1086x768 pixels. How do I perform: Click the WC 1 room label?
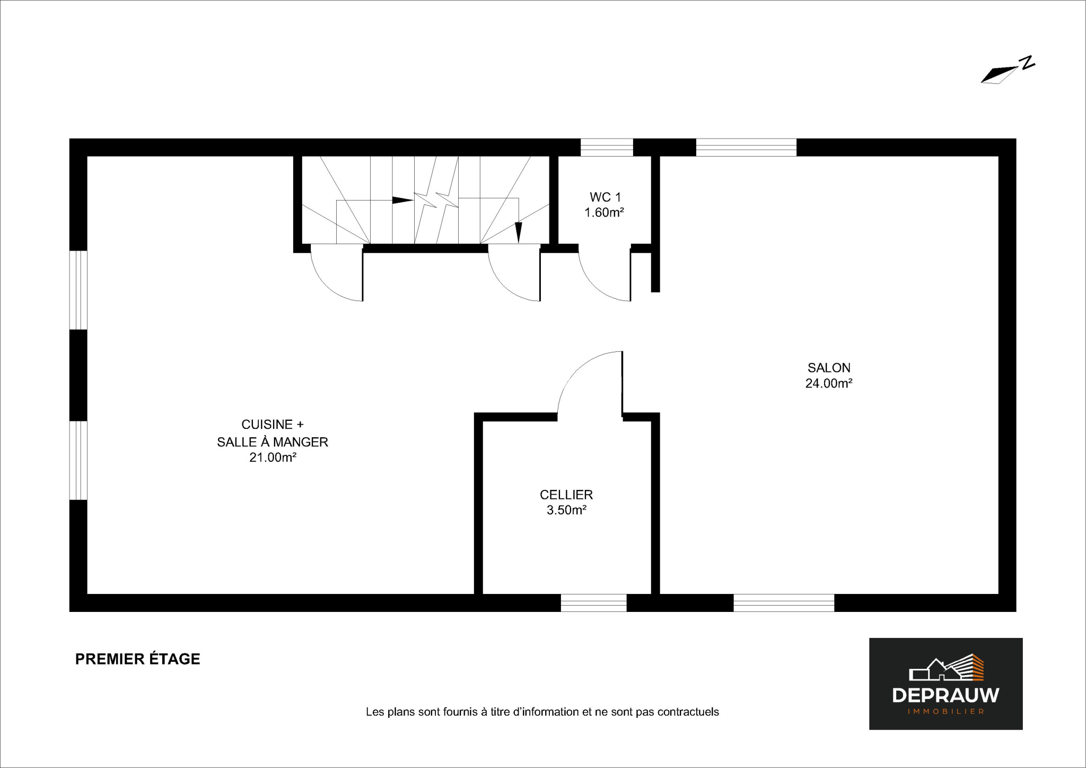605,197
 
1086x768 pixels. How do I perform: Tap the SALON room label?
829,368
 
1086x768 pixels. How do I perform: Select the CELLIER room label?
566,495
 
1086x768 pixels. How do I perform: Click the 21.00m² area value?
273,458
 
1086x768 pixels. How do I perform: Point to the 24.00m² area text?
829,383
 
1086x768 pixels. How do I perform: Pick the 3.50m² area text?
566,510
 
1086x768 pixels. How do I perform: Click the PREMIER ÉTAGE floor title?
138,659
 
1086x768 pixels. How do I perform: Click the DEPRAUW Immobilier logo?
945,684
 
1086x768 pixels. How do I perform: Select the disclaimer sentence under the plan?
542,712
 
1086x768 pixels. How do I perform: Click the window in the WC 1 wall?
607,147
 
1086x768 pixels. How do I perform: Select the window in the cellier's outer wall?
594,603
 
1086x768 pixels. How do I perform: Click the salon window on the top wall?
746,147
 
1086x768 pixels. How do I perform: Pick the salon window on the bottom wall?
784,603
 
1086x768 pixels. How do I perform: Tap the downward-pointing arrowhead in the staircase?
519,232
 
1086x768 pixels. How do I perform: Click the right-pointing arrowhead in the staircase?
402,200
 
